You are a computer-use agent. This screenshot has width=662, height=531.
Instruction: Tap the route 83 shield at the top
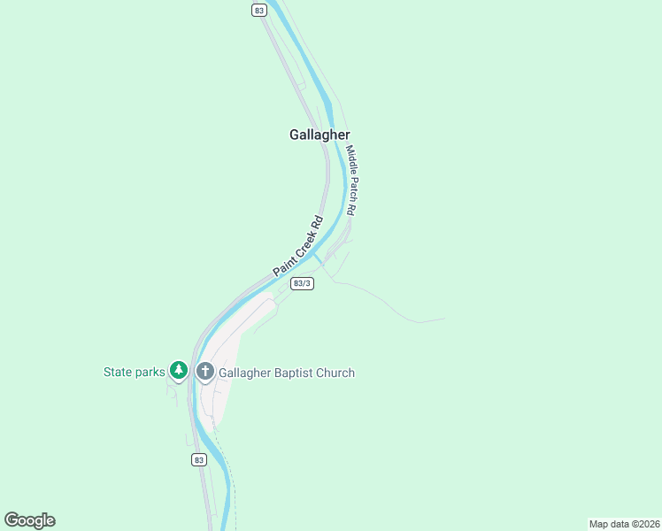[258, 10]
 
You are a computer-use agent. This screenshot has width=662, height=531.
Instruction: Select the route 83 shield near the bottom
[198, 459]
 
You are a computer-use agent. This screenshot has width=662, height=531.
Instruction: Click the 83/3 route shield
[302, 283]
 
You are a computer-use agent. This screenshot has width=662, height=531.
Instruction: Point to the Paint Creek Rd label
[297, 245]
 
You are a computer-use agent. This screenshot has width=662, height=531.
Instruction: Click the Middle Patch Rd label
[351, 181]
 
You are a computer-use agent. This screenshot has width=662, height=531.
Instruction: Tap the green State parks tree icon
[179, 371]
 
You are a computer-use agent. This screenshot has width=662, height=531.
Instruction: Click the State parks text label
[134, 372]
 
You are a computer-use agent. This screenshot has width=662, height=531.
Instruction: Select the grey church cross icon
[205, 372]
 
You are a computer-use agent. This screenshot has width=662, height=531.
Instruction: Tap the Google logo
[29, 520]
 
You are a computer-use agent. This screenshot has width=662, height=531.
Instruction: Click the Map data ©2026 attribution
[624, 523]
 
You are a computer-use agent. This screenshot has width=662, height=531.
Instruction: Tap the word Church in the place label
[337, 373]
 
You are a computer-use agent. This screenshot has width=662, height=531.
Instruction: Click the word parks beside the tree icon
[149, 372]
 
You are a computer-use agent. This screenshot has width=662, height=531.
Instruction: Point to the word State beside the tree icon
[117, 372]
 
